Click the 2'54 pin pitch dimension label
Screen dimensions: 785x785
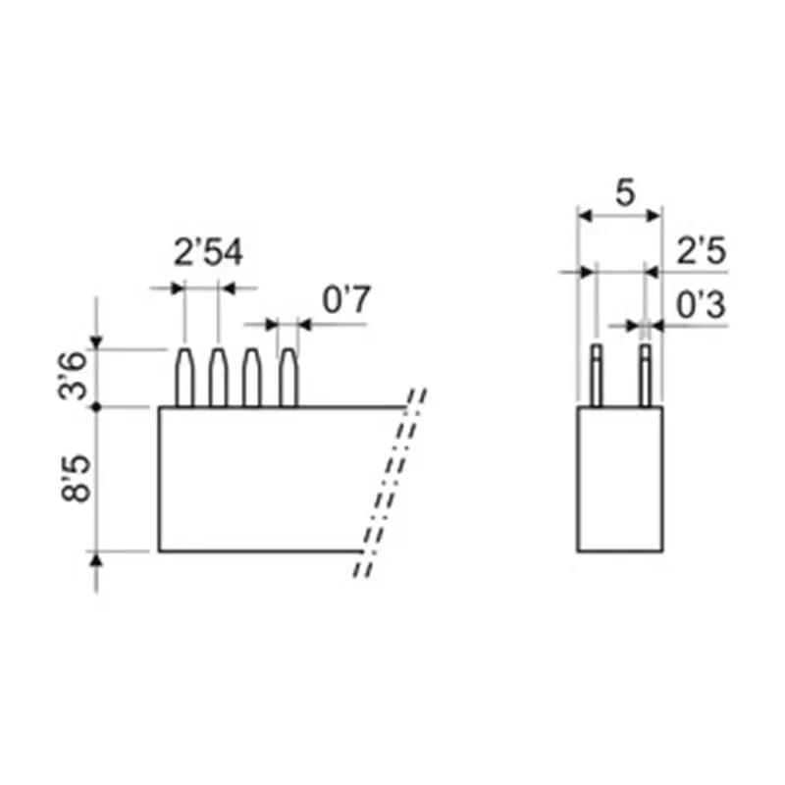tap(208, 252)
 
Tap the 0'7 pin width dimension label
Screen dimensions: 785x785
tap(346, 299)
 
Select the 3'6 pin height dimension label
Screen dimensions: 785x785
tap(73, 376)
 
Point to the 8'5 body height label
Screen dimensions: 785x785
tap(76, 478)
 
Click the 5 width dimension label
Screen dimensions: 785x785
tap(625, 193)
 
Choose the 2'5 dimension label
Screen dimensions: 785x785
tap(701, 250)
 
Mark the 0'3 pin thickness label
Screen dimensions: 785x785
tap(701, 305)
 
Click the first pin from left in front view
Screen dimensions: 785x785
tap(184, 377)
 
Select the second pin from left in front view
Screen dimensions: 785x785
tap(218, 377)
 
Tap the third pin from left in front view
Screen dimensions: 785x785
tap(251, 377)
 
